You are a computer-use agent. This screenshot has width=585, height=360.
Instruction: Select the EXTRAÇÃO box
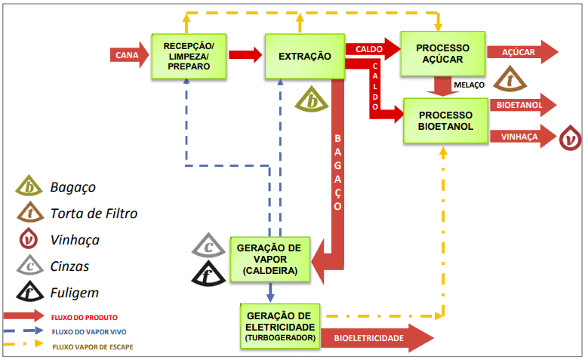point(304,55)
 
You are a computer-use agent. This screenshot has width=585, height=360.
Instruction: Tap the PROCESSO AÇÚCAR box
point(442,54)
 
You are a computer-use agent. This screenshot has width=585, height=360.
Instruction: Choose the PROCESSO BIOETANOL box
point(445,121)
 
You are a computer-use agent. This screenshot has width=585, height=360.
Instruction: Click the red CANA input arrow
point(129,55)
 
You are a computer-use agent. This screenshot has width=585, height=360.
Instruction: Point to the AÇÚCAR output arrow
point(522,52)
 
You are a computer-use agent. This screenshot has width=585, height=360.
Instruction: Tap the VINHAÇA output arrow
point(522,137)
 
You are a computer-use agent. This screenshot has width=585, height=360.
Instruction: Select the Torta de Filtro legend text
point(94,214)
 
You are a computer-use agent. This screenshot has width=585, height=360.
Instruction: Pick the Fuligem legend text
point(74,292)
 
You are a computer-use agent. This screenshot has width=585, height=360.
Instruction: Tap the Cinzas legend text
point(70,266)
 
